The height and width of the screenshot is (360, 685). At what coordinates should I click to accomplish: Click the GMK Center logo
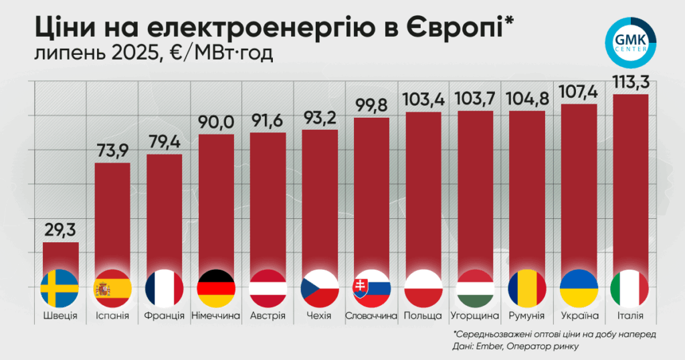click(631, 43)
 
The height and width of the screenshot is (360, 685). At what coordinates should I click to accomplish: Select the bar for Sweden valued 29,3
click(61, 258)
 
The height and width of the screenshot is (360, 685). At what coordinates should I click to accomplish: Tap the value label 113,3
click(631, 82)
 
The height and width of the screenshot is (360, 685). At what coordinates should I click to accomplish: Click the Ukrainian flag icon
click(579, 289)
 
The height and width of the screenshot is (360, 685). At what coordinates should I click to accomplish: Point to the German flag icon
click(216, 289)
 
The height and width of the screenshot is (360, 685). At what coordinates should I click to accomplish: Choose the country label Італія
click(630, 315)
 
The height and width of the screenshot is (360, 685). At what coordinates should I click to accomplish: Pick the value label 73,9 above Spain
click(112, 151)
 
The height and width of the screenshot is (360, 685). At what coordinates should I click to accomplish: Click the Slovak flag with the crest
click(371, 289)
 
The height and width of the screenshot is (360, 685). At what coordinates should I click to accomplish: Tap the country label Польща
click(423, 315)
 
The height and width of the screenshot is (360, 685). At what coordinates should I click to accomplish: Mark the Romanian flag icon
click(527, 289)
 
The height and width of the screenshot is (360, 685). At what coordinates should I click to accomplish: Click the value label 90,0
click(216, 122)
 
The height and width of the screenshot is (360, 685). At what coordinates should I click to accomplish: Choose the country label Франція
click(165, 315)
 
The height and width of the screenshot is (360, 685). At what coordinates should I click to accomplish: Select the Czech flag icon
click(320, 289)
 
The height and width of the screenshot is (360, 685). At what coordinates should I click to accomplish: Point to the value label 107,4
click(579, 92)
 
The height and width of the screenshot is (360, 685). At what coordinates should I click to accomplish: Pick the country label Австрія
click(268, 315)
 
